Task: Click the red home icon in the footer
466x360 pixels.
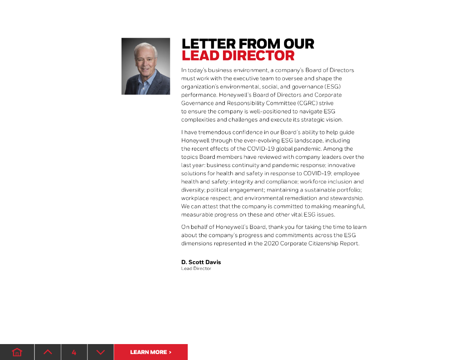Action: pos(17,352)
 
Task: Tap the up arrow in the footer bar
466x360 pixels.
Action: pos(48,352)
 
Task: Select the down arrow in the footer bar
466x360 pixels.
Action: pos(101,352)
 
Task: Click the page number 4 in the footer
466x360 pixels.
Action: pos(74,352)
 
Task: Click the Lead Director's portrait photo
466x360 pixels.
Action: pos(146,66)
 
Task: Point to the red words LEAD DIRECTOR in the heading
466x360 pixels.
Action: pos(238,56)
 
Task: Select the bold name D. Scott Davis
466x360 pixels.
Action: pos(201,262)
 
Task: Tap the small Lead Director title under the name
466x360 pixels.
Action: pos(196,269)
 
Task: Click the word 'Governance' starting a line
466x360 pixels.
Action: pos(198,103)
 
